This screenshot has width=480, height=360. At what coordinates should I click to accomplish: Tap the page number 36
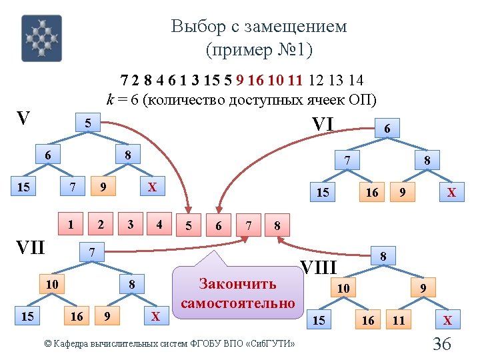[x=442, y=344]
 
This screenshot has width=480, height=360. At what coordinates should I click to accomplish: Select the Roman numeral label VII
[x=30, y=248]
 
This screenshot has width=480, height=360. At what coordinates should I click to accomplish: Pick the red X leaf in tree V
[x=152, y=187]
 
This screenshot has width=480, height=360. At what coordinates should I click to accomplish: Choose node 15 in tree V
[x=23, y=187]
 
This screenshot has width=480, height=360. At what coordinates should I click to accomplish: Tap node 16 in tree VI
[x=372, y=192]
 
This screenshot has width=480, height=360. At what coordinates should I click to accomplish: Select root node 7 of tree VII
[x=93, y=252]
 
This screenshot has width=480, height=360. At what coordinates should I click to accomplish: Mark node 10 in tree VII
[x=51, y=285]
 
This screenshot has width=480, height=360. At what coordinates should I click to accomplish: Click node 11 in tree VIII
[x=399, y=321]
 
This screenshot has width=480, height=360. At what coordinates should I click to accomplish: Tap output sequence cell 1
[x=71, y=224]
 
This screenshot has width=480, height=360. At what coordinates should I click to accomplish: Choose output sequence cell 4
[x=159, y=224]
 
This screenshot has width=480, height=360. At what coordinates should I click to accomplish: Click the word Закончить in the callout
[x=237, y=284]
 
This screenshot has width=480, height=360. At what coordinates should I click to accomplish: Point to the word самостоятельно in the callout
[x=237, y=303]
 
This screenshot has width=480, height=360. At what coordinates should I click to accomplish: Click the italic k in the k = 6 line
[x=111, y=100]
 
